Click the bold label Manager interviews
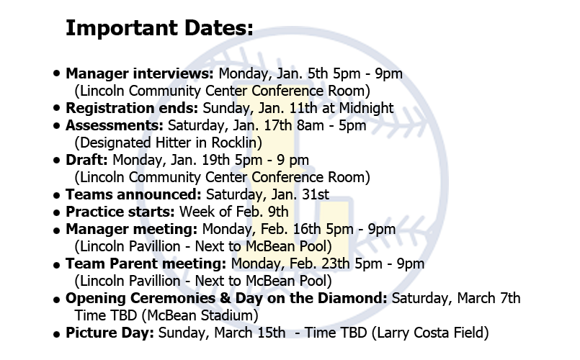140,73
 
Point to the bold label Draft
86,160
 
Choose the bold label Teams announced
133,194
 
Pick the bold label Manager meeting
132,229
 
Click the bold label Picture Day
110,333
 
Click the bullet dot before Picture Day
56,335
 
